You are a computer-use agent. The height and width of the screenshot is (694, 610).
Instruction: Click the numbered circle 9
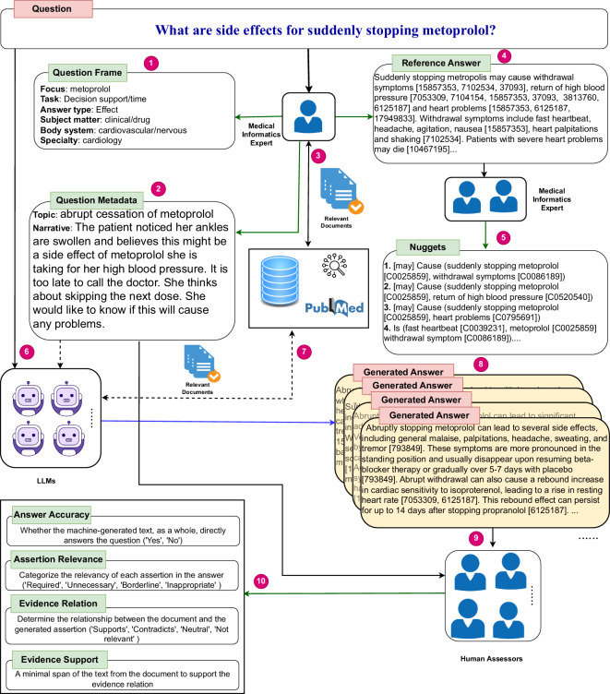[475, 536]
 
